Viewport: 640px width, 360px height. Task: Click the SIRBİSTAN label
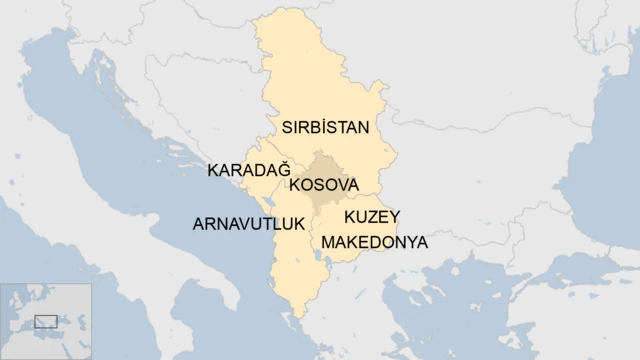(x=325, y=128)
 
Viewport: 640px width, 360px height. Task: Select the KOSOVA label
(x=323, y=185)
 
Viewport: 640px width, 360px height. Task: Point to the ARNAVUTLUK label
(x=248, y=224)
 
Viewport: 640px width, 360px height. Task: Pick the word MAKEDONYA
(x=374, y=243)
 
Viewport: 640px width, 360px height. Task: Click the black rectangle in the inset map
(x=46, y=321)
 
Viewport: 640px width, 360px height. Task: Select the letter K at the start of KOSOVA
(x=295, y=185)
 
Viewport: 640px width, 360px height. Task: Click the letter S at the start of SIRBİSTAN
(x=287, y=128)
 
